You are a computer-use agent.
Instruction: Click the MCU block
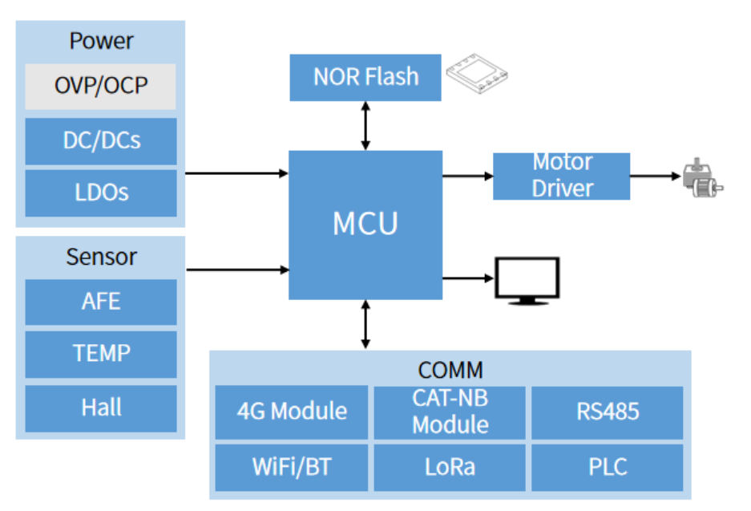tap(365, 225)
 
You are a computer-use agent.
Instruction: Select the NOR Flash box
tap(365, 77)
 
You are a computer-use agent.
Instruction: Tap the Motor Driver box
tap(561, 176)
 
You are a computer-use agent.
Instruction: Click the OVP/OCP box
tap(101, 86)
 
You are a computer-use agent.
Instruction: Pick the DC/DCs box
tap(101, 141)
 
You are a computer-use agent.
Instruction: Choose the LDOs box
tap(101, 193)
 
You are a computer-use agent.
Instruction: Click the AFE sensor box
tap(101, 302)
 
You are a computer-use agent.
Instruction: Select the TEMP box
tap(101, 354)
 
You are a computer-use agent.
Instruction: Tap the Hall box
tap(101, 408)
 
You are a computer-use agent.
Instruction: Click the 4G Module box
tap(292, 412)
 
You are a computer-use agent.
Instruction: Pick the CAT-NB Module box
tap(450, 412)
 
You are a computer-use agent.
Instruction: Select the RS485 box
tap(608, 412)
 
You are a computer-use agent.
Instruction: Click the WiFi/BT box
tap(292, 467)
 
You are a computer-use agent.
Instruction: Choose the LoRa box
tap(450, 467)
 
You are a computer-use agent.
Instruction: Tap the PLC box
tap(608, 467)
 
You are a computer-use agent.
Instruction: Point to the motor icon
tap(701, 177)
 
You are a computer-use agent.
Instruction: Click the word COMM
tap(450, 370)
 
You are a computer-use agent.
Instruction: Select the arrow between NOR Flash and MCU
tap(366, 126)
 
